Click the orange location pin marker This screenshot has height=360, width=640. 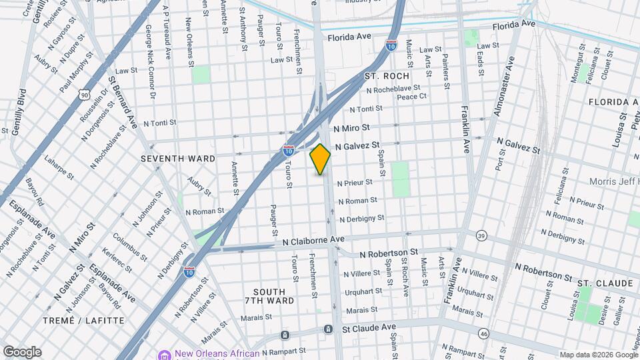tap(320, 159)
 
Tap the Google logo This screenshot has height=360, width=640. tap(22, 351)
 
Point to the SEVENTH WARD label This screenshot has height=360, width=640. tap(178, 159)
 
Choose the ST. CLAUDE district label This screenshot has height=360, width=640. tap(605, 283)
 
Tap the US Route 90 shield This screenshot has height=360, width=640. tap(83, 95)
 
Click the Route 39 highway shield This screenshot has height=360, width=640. tap(481, 235)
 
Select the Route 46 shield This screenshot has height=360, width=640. tap(483, 333)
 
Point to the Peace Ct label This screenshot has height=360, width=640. tap(411, 97)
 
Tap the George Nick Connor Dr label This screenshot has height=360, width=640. tap(149, 63)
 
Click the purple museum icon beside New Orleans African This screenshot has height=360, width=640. tap(163, 354)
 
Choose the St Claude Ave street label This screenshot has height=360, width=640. tap(369, 329)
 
